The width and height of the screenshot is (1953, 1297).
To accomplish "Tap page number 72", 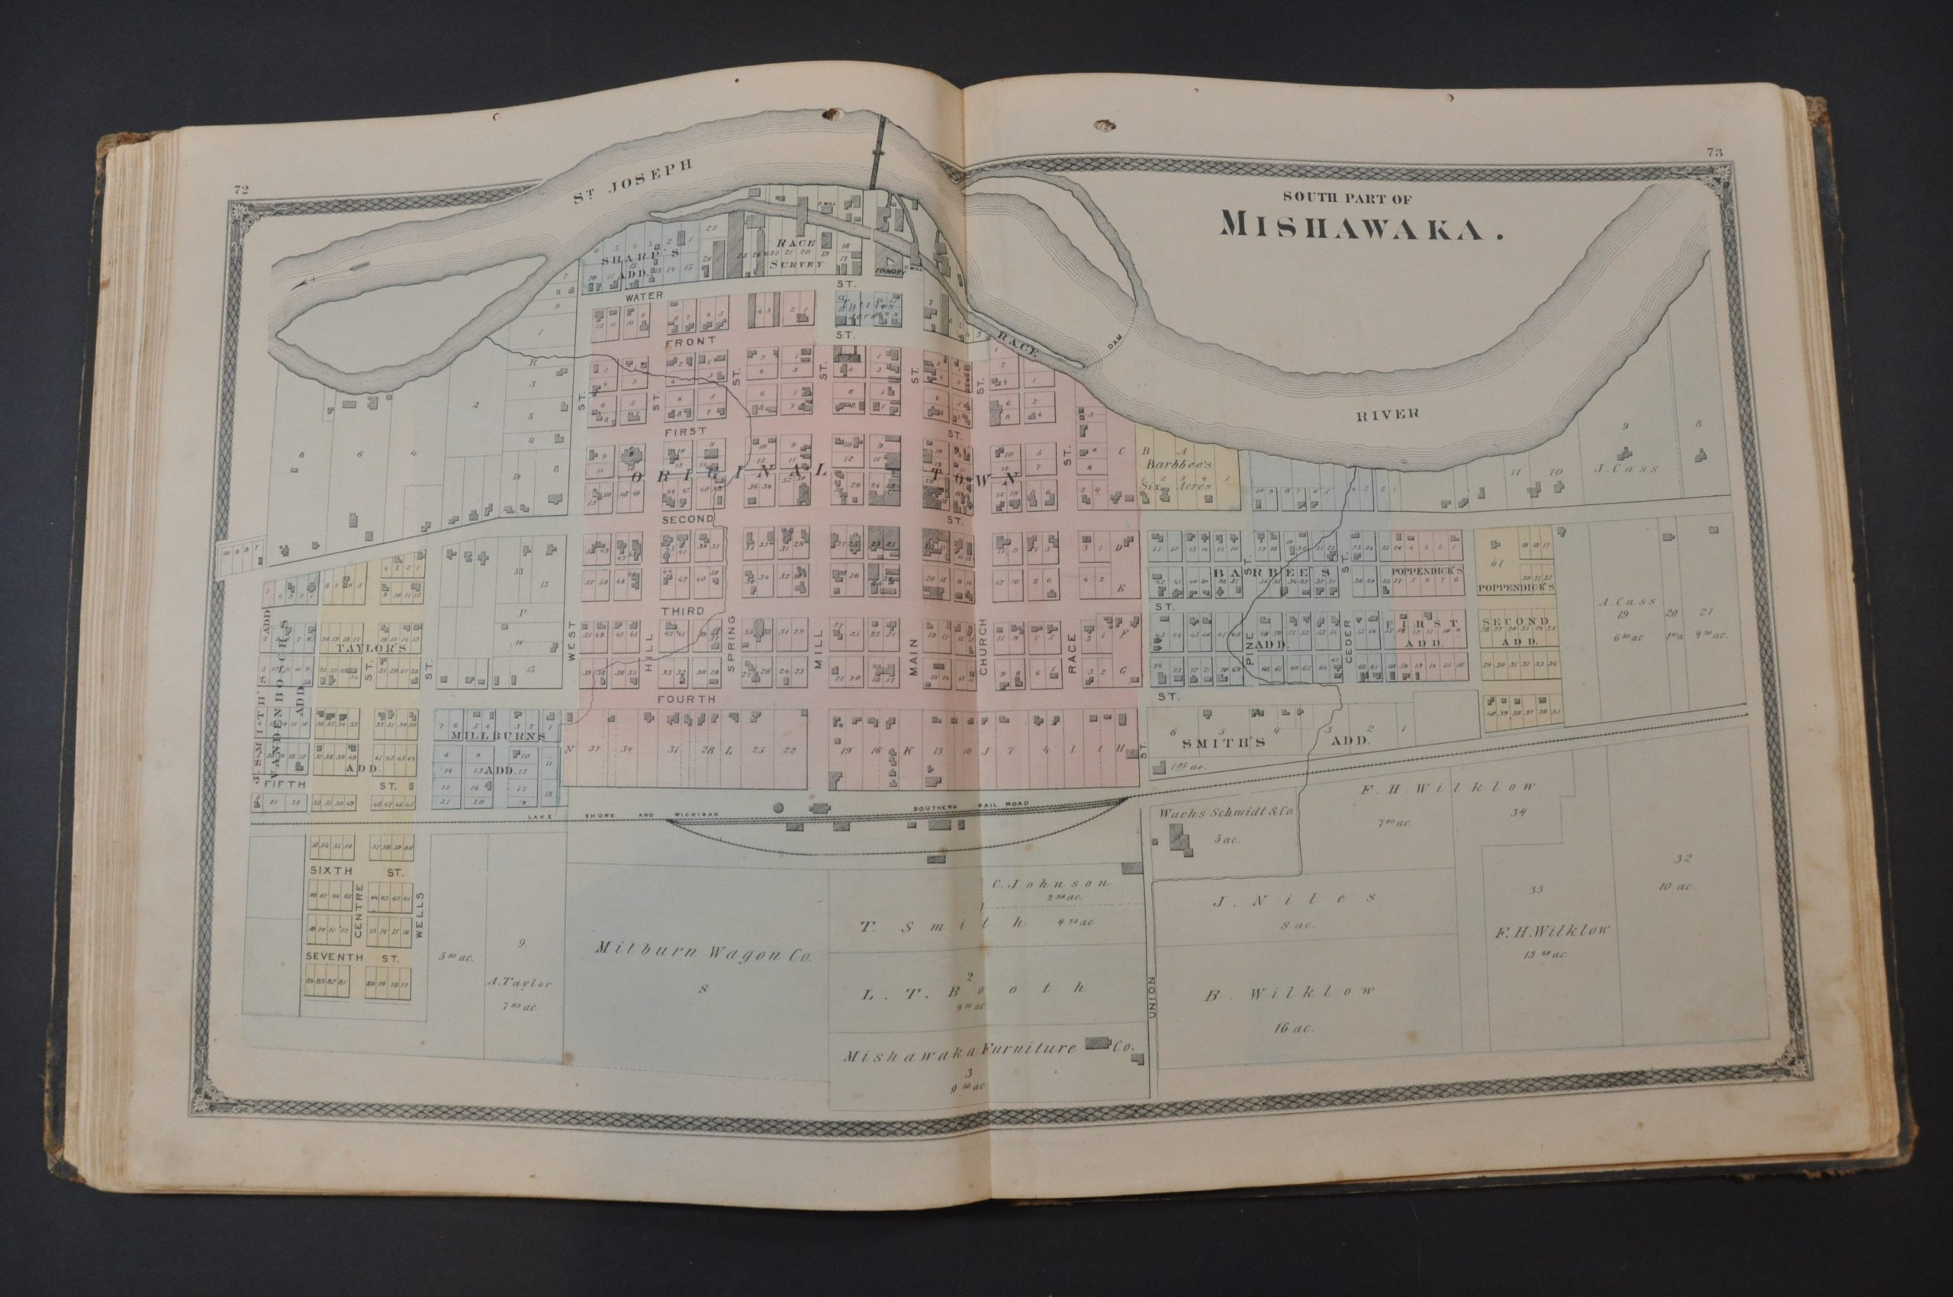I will click(242, 190).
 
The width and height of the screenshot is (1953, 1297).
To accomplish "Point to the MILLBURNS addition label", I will click(498, 735).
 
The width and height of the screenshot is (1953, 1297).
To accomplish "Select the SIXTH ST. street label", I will click(354, 871).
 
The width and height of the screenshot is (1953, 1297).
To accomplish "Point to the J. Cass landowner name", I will click(1626, 468).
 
